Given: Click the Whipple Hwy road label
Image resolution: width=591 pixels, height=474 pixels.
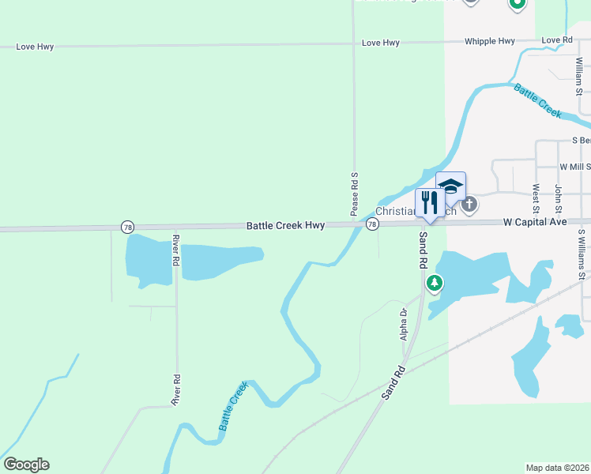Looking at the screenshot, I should click(489, 41).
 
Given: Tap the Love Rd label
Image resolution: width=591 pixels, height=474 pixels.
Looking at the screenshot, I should click(557, 40).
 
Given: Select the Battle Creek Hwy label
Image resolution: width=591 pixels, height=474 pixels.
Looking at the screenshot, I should click(285, 226).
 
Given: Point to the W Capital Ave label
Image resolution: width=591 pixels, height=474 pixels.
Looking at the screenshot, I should click(536, 223).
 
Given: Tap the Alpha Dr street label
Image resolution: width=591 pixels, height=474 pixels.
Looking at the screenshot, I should click(403, 319).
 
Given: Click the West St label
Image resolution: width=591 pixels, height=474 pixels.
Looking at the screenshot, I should click(536, 197).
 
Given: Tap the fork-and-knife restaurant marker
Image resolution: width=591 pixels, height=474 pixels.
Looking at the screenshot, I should click(429, 202).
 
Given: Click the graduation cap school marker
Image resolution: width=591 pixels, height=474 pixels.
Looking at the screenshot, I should click(450, 187).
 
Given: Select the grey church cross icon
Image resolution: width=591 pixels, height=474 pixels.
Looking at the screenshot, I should click(469, 205).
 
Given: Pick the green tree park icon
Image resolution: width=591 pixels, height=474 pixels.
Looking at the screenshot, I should click(434, 282).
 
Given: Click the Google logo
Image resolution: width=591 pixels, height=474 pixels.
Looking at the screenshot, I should click(26, 465).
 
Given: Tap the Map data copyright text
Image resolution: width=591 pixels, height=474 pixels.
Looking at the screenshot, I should click(557, 468).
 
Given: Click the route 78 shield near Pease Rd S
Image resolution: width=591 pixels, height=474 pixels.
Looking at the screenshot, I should click(372, 225).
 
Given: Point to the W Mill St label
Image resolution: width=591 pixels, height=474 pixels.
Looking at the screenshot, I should click(574, 167).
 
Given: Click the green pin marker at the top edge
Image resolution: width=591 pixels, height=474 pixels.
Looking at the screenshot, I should click(517, 4).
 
